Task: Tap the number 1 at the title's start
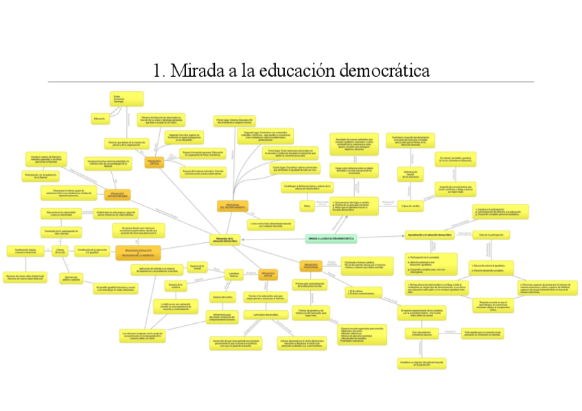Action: coord(158,70)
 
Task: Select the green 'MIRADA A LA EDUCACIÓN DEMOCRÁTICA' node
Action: coord(331,238)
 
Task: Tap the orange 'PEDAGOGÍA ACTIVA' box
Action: coord(268,276)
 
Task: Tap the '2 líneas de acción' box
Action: coord(60,250)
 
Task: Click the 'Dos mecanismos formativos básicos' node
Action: coord(421,334)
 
